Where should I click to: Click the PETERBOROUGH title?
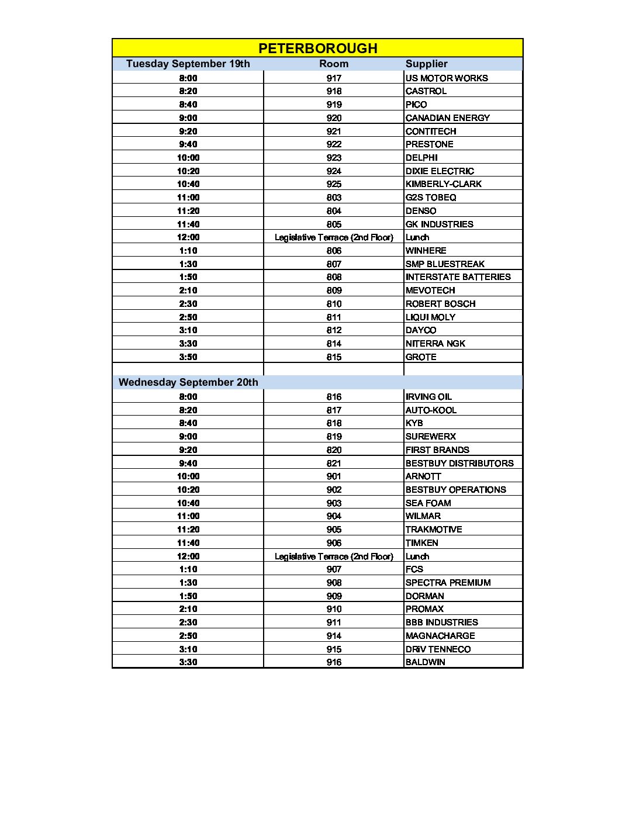click(317, 48)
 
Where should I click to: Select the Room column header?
click(334, 64)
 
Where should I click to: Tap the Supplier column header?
click(426, 64)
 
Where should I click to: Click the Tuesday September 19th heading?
click(188, 64)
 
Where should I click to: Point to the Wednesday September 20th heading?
click(188, 382)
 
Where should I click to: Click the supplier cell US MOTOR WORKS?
click(447, 78)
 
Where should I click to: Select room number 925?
click(334, 184)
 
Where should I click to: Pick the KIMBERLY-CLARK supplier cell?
click(444, 184)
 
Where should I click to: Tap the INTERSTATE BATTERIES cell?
click(458, 277)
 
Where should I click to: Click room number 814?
click(334, 344)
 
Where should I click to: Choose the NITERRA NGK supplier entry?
click(435, 344)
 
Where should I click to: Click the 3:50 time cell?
click(188, 357)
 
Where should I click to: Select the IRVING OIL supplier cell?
click(428, 397)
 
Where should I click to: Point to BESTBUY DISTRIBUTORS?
click(459, 464)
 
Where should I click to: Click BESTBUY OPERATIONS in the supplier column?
click(456, 490)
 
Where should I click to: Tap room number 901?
click(334, 476)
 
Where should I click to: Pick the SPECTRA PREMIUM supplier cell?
click(448, 583)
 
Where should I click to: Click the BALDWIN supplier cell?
click(425, 662)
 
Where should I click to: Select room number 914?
click(334, 636)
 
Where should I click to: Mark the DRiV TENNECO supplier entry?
click(438, 649)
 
